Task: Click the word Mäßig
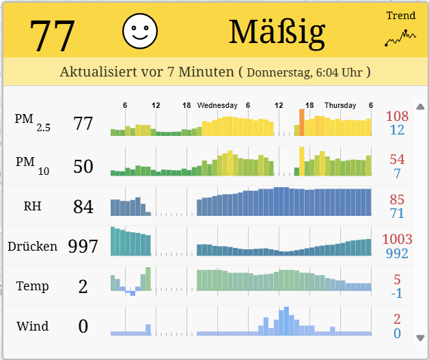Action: click(x=277, y=31)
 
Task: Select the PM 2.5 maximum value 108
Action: click(x=397, y=116)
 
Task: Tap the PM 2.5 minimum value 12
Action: click(x=397, y=130)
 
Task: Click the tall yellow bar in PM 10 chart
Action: click(x=301, y=161)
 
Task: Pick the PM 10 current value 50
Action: click(x=83, y=166)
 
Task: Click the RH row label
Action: click(x=32, y=206)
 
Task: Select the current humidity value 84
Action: click(x=83, y=206)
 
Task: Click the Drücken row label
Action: click(x=32, y=246)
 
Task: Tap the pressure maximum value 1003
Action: click(x=397, y=239)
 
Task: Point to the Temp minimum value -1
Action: click(x=397, y=293)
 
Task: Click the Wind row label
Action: click(x=33, y=326)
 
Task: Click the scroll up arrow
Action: click(x=420, y=107)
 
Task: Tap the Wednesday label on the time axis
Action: click(x=217, y=105)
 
